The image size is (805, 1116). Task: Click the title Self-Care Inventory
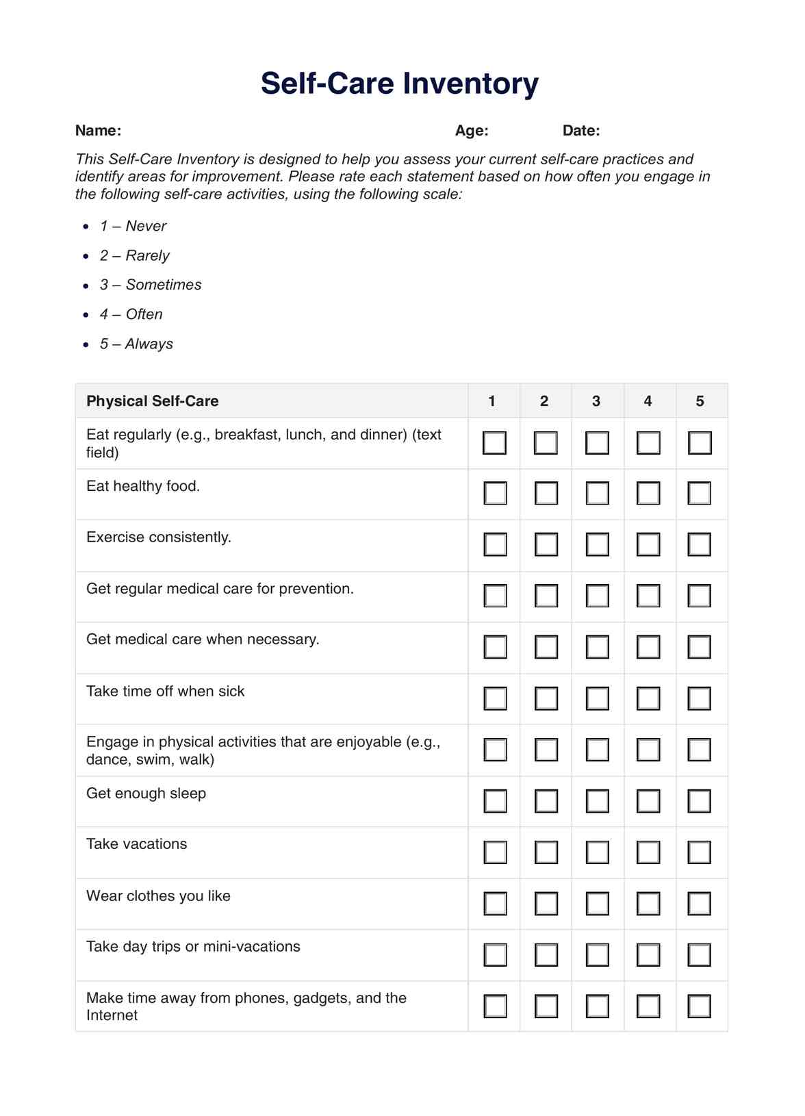399,84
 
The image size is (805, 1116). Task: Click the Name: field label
98,131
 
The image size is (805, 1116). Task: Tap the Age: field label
472,131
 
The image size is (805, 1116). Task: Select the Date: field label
581,131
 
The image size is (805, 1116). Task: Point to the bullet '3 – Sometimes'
151,285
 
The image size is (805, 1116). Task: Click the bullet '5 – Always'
136,344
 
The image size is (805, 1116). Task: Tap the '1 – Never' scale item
133,226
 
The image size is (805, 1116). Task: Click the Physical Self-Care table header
153,401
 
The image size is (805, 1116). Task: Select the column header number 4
648,401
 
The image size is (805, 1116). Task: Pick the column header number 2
544,401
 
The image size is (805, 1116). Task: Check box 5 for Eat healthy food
699,494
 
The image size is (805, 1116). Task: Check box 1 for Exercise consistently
495,545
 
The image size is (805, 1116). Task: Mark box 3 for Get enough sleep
597,801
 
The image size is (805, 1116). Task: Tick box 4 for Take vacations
648,852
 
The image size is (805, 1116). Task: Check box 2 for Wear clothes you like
546,904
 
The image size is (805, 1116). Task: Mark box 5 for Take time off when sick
699,698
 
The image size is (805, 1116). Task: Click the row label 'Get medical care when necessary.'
203,639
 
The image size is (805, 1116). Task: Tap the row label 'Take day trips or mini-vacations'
193,947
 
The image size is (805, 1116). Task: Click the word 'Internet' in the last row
112,1015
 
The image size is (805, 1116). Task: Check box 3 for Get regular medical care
597,596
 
